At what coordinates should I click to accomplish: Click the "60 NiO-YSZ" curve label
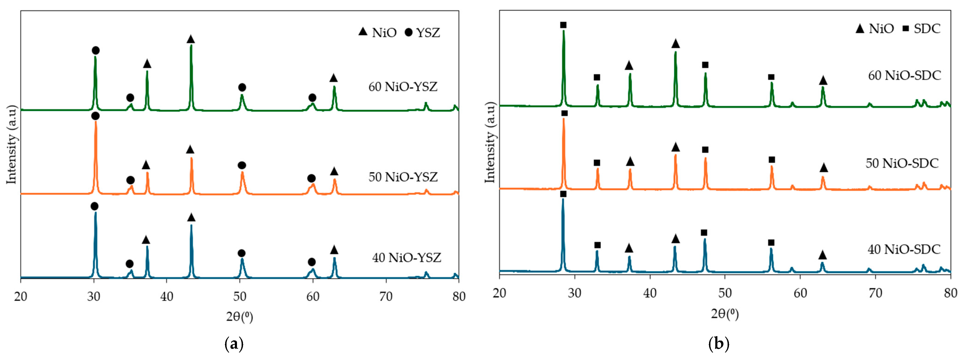403,87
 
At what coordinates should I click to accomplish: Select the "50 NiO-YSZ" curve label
403,177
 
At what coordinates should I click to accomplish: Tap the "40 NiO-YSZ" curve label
407,258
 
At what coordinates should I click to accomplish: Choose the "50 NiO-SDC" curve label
902,163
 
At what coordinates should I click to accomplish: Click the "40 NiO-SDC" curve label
904,249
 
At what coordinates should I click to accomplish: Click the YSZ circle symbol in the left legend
409,33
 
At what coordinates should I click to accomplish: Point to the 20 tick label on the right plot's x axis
499,293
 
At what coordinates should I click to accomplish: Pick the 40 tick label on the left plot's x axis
167,297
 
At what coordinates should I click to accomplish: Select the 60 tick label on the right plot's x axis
800,293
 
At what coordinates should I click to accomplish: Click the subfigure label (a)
234,344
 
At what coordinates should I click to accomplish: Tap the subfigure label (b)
719,344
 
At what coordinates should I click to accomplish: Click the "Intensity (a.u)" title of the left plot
12,145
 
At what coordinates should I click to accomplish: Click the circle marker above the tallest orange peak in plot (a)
95,116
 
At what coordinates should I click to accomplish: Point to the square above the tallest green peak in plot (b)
563,25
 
